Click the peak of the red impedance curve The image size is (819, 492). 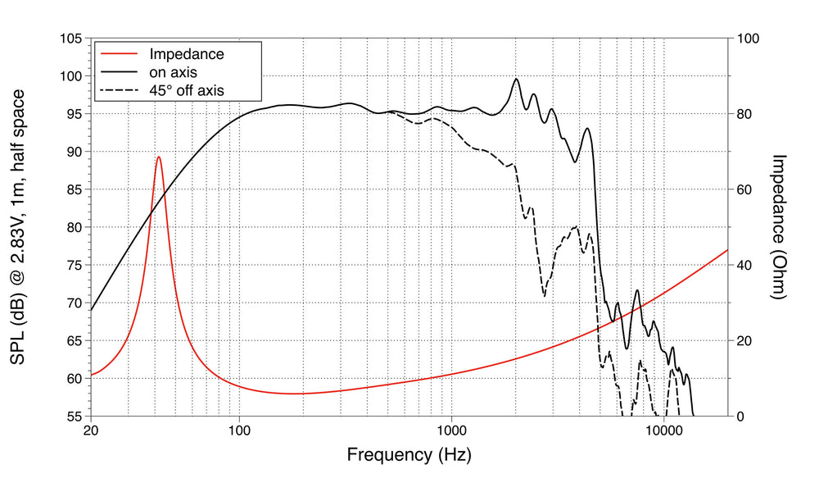(158, 157)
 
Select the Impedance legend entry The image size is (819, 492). (186, 55)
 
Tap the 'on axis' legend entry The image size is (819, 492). (173, 72)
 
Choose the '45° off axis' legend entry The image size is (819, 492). (186, 89)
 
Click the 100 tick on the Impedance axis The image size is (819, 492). (749, 39)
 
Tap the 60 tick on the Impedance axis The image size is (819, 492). (745, 189)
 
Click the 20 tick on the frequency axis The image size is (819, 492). (91, 430)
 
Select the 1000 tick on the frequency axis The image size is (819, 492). (451, 430)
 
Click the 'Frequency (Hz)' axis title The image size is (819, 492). (409, 454)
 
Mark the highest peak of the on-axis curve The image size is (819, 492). (516, 79)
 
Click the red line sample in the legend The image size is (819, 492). (116, 55)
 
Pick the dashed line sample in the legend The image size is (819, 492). (116, 89)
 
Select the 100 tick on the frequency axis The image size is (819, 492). (239, 430)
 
